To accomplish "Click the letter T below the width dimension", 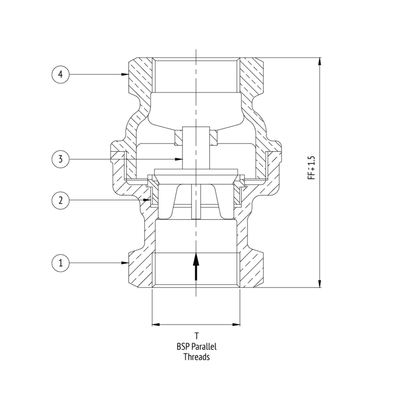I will (x=196, y=335).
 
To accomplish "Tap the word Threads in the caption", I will (x=196, y=357).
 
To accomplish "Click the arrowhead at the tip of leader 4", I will (x=125, y=75).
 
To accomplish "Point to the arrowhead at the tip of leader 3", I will (x=179, y=159).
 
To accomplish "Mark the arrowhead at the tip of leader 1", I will (x=125, y=263).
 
